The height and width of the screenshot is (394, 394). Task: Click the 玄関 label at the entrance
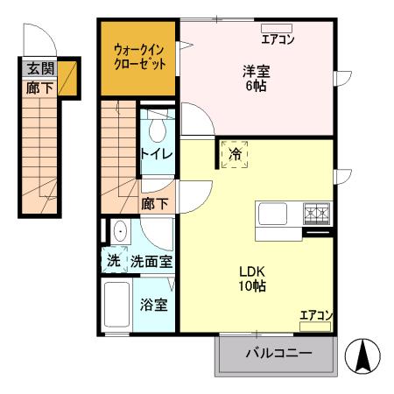click(39, 68)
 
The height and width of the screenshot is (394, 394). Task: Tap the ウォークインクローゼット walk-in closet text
click(138, 57)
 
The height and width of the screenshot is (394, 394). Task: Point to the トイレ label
click(157, 154)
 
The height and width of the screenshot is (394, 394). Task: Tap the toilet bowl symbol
click(157, 130)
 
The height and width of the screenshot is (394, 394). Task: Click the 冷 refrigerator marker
click(235, 153)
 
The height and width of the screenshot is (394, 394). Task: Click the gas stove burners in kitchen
click(316, 212)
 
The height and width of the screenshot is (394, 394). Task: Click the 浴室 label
click(155, 306)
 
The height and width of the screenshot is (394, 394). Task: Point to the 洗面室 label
click(151, 261)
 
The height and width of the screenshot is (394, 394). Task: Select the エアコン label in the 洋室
click(278, 39)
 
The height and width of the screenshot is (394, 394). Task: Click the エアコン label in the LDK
click(315, 315)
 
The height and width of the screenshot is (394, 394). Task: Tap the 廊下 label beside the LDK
click(156, 203)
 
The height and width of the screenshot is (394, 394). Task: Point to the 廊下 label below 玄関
click(39, 88)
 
